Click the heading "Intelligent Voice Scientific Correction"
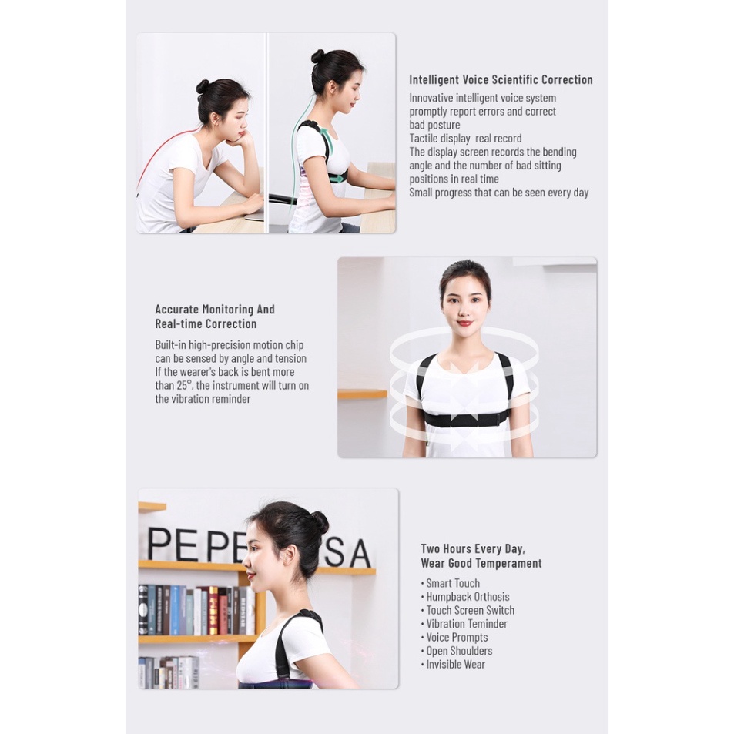pyautogui.click(x=501, y=80)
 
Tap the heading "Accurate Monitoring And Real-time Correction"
pyautogui.click(x=215, y=317)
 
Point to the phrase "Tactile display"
pyautogui.click(x=440, y=139)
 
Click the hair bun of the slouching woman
pyautogui.click(x=203, y=86)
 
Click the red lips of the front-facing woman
pyautogui.click(x=464, y=323)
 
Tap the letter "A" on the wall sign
pyautogui.click(x=358, y=555)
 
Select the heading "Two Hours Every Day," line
pyautogui.click(x=473, y=549)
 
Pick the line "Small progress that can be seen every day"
pyautogui.click(x=499, y=193)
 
